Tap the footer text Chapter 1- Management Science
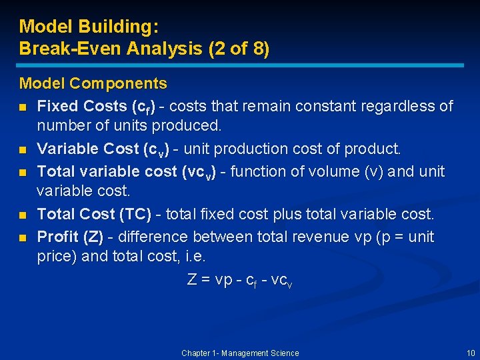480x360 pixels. pyautogui.click(x=240, y=353)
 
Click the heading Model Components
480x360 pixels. pyautogui.click(x=93, y=83)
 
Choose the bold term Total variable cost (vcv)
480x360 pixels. pyautogui.click(x=107, y=171)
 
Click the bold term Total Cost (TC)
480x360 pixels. pyautogui.click(x=95, y=215)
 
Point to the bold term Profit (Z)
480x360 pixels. pyautogui.click(x=70, y=237)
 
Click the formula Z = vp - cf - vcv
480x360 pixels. pyautogui.click(x=240, y=280)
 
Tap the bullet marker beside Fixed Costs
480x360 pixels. pyautogui.click(x=23, y=107)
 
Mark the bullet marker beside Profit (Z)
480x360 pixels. pyautogui.click(x=23, y=237)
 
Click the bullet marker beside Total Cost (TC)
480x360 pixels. pyautogui.click(x=23, y=215)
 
